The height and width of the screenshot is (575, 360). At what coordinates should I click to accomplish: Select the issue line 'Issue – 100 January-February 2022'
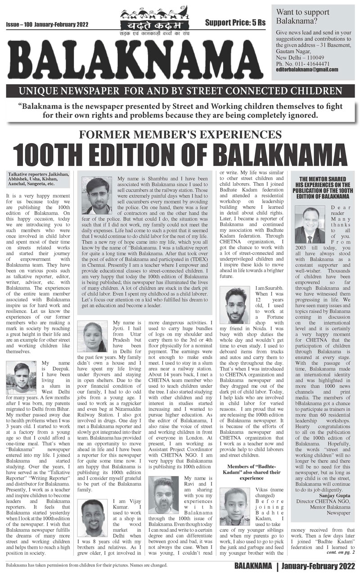pyautogui.click(x=47, y=24)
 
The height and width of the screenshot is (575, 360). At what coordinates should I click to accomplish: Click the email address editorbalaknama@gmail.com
pyautogui.click(x=307, y=69)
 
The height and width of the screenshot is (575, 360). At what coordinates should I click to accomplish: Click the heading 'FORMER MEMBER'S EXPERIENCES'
pyautogui.click(x=180, y=134)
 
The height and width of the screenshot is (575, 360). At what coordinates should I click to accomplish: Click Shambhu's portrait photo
pyautogui.click(x=96, y=195)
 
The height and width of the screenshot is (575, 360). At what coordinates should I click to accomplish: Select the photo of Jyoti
pyautogui.click(x=94, y=337)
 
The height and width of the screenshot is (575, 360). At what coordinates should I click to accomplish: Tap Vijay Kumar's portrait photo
pyautogui.click(x=95, y=517)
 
